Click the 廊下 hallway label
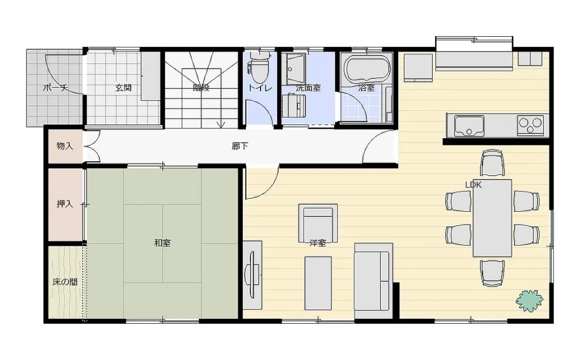coord(240,146)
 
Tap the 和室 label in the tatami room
coord(162,243)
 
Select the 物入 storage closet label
coord(65,146)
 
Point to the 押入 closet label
coord(65,204)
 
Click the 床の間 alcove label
coord(65,282)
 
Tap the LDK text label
coord(473,185)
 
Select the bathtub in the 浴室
coord(367,68)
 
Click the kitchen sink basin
coord(469,126)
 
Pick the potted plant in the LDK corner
coord(530,301)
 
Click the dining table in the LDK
coord(492,218)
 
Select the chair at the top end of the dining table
coord(492,162)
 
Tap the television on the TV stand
coord(252,275)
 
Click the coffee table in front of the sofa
coord(318,283)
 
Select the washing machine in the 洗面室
coord(294,106)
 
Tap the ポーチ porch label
coord(56,88)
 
